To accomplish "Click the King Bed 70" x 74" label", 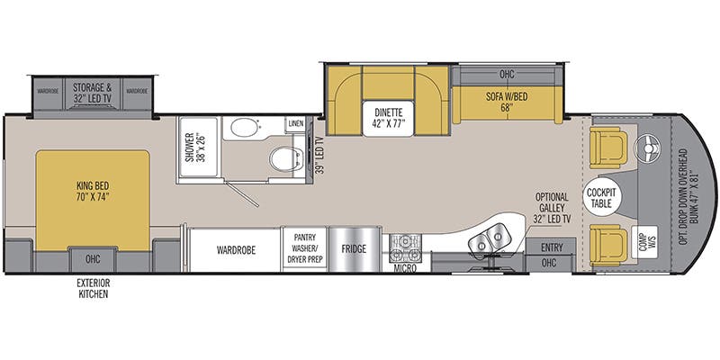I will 92,192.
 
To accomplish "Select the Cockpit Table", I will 598,197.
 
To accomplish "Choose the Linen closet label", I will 295,122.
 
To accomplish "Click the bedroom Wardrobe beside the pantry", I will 233,249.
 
